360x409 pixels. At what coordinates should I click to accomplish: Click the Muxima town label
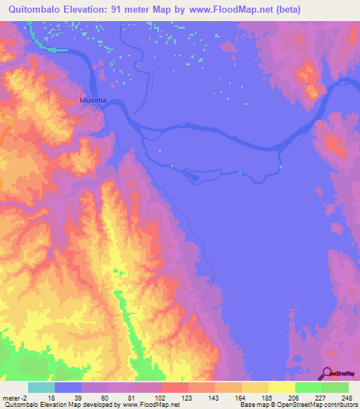click(93, 100)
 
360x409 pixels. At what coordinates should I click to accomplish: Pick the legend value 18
click(51, 397)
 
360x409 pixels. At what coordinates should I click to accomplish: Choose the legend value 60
click(105, 397)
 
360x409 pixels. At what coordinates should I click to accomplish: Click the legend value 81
click(132, 397)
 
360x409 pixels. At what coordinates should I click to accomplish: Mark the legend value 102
click(160, 397)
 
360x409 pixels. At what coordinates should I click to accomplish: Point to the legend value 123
click(186, 397)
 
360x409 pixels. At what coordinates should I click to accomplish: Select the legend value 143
click(213, 397)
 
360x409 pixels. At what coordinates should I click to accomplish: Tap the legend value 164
click(240, 397)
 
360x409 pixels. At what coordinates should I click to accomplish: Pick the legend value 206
click(294, 397)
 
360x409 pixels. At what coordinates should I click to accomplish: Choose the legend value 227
click(321, 397)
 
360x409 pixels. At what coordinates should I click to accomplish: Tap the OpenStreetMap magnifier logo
click(326, 373)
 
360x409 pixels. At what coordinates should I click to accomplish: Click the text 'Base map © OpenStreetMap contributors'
click(297, 405)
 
